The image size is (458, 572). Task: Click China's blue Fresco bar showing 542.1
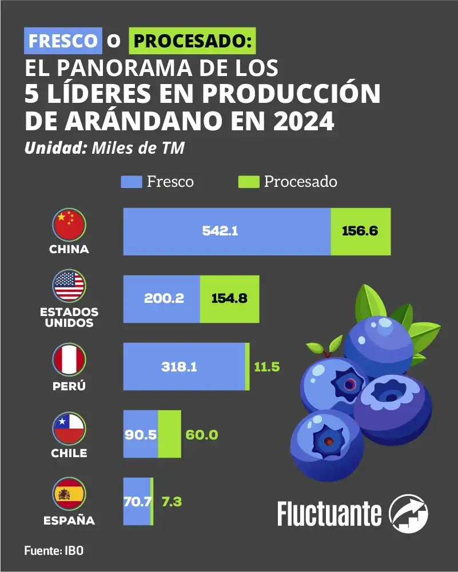[x=227, y=231]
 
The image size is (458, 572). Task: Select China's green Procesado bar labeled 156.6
[x=361, y=231]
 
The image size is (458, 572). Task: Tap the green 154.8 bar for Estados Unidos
[x=229, y=299]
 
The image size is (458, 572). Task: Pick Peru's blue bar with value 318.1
[x=184, y=367]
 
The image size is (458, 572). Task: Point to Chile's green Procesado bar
[x=170, y=434]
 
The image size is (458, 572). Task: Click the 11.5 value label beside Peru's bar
[x=266, y=367]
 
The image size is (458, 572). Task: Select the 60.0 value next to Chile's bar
[x=202, y=434]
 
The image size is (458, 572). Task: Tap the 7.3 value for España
[x=169, y=502]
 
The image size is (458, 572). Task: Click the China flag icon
[x=69, y=225]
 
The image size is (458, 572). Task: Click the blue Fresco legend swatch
[x=131, y=182]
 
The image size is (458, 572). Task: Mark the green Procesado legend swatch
[x=248, y=182]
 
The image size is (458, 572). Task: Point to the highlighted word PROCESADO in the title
[x=192, y=41]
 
